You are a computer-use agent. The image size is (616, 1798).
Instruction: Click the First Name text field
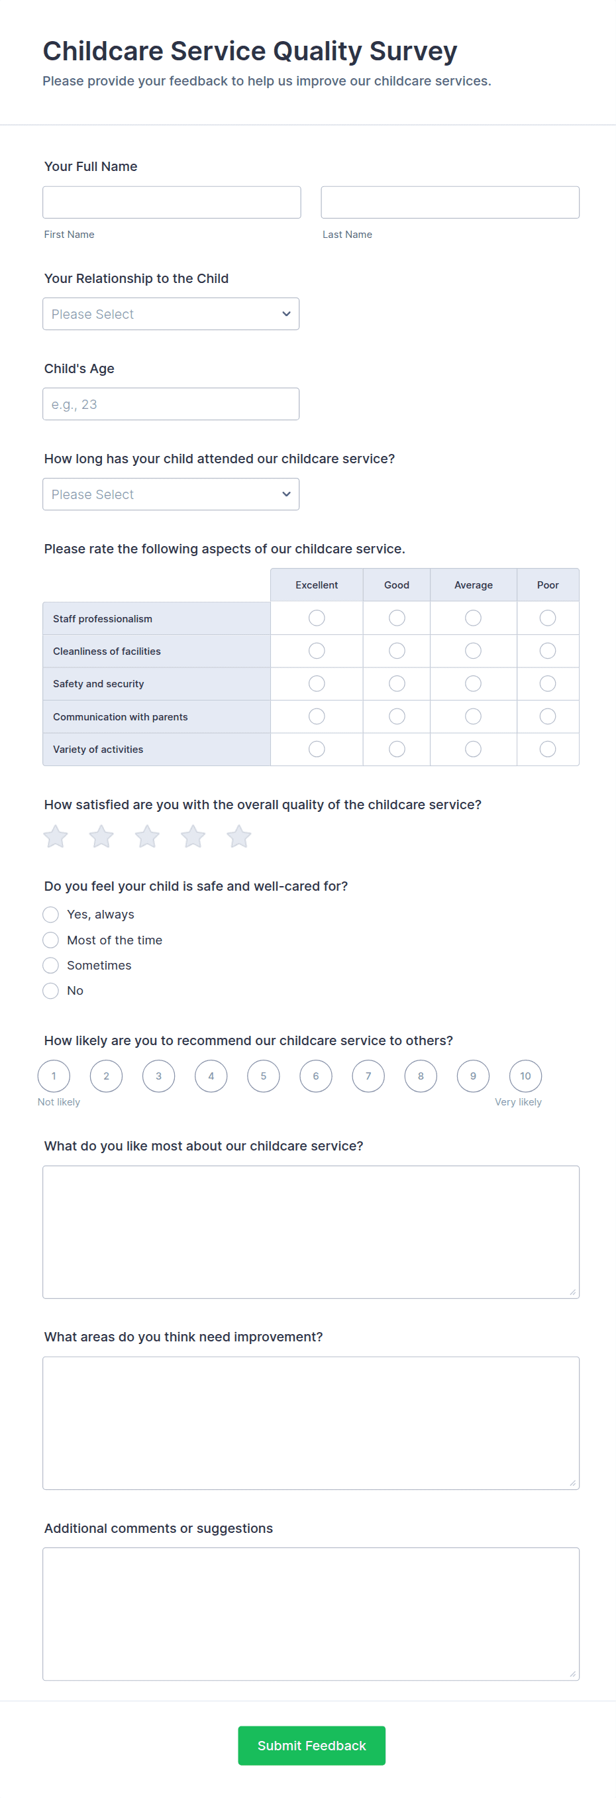[172, 202]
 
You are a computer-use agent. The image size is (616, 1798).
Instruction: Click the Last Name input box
[450, 202]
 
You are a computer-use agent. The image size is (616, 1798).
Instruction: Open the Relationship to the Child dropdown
[171, 314]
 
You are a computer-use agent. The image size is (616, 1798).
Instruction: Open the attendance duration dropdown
[171, 494]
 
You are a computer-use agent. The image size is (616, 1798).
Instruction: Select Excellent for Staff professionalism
[317, 618]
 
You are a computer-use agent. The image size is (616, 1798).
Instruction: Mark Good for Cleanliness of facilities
[397, 651]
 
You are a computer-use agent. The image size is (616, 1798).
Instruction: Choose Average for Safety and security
[473, 684]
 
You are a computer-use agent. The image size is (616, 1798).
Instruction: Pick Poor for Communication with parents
[548, 717]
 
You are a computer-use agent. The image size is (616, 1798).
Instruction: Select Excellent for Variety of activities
[317, 750]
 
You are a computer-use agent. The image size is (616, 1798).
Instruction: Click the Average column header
[473, 585]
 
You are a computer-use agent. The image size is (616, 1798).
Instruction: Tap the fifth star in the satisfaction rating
[238, 836]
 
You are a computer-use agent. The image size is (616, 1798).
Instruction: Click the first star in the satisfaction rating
[56, 836]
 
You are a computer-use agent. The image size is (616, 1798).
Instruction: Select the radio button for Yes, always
[50, 915]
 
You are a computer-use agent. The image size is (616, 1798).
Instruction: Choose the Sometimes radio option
[50, 966]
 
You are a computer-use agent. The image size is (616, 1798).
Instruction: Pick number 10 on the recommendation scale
[525, 1076]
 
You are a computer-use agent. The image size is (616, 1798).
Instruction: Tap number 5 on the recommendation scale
[264, 1076]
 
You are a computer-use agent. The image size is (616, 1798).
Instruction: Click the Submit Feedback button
[311, 1746]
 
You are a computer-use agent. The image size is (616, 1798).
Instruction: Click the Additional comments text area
[311, 1614]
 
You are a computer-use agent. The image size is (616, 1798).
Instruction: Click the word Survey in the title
[413, 52]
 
